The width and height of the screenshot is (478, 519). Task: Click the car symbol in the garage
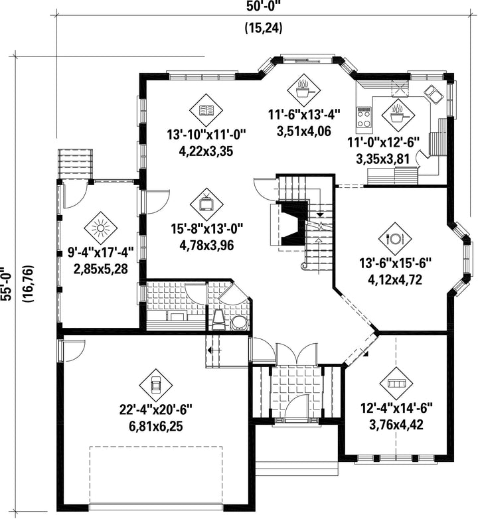pyautogui.click(x=155, y=385)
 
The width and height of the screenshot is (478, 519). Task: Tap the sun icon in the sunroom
pyautogui.click(x=100, y=228)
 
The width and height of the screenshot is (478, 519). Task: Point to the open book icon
pyautogui.click(x=206, y=110)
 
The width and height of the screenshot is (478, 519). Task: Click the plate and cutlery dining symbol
pyautogui.click(x=395, y=238)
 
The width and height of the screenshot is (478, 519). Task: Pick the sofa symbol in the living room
pyautogui.click(x=396, y=383)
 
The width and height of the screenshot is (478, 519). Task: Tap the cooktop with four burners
pyautogui.click(x=364, y=117)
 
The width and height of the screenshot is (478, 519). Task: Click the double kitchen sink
pyautogui.click(x=433, y=94)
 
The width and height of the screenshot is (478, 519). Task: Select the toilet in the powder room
pyautogui.click(x=218, y=320)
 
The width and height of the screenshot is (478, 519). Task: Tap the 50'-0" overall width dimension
pyautogui.click(x=264, y=6)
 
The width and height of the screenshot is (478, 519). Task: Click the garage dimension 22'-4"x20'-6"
pyautogui.click(x=155, y=409)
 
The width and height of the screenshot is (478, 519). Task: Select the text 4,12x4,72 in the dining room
pyautogui.click(x=395, y=279)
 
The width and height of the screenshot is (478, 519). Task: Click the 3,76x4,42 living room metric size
pyautogui.click(x=396, y=424)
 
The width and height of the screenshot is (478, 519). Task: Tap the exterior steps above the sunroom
pyautogui.click(x=75, y=164)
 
